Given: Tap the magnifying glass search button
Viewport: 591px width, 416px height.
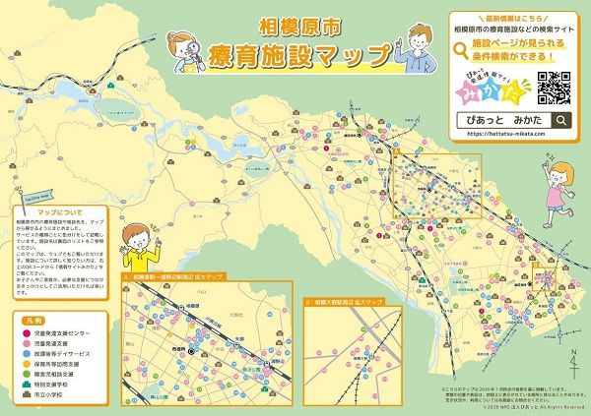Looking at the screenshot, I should (560, 121).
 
